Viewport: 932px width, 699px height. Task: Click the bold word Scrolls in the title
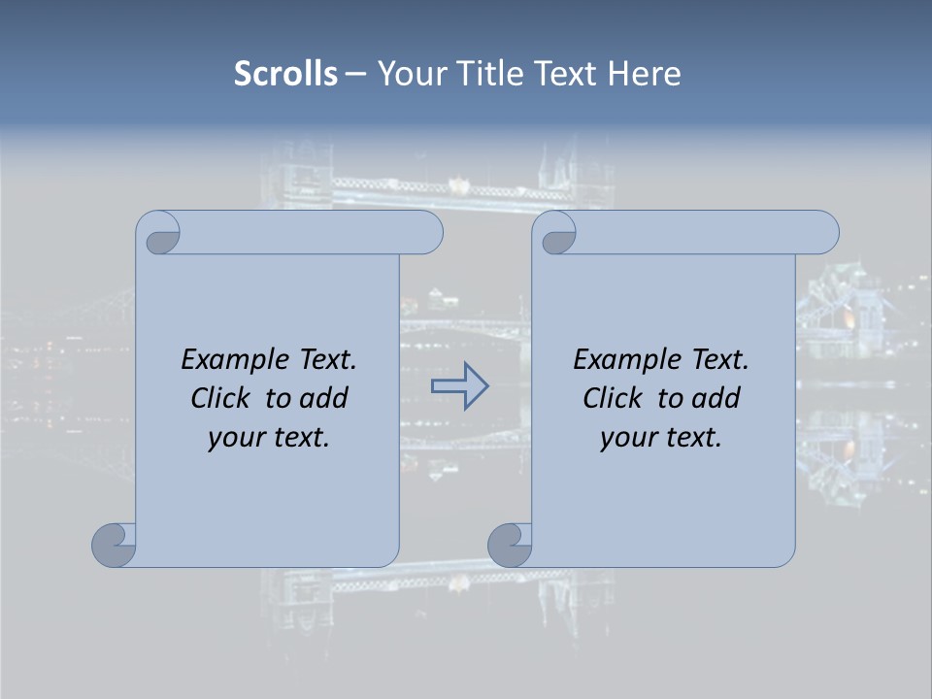click(286, 74)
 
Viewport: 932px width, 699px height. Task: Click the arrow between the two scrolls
click(459, 386)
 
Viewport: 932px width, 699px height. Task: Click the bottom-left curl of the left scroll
click(114, 545)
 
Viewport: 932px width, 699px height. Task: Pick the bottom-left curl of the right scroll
click(510, 545)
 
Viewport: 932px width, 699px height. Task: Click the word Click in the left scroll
click(220, 398)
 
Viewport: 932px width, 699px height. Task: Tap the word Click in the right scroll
click(613, 398)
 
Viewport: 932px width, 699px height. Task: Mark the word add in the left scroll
click(323, 398)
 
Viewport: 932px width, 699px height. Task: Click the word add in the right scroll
click(716, 398)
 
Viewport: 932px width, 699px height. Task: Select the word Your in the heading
click(410, 74)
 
